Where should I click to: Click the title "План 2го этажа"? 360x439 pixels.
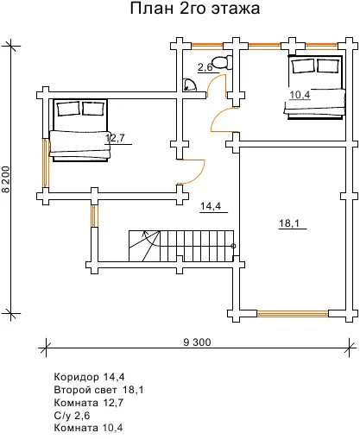(195, 9)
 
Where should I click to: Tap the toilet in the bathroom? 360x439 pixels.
(223, 62)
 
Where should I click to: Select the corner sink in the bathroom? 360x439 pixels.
(190, 85)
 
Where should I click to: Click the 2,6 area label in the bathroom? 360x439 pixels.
(205, 67)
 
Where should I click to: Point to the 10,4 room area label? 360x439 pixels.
(300, 95)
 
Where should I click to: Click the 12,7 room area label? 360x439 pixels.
(115, 138)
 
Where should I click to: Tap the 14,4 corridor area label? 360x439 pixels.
(211, 206)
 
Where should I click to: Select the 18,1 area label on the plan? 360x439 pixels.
(289, 223)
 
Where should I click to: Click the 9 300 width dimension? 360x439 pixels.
(198, 342)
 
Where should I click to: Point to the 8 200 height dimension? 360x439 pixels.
(6, 179)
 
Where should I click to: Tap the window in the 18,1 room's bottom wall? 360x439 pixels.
(293, 314)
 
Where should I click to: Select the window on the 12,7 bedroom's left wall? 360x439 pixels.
(46, 163)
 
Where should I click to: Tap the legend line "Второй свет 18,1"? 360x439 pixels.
(98, 390)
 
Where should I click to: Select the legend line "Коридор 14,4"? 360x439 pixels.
(89, 377)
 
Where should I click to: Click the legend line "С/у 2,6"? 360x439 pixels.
(72, 416)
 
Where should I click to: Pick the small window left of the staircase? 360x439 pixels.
(95, 216)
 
